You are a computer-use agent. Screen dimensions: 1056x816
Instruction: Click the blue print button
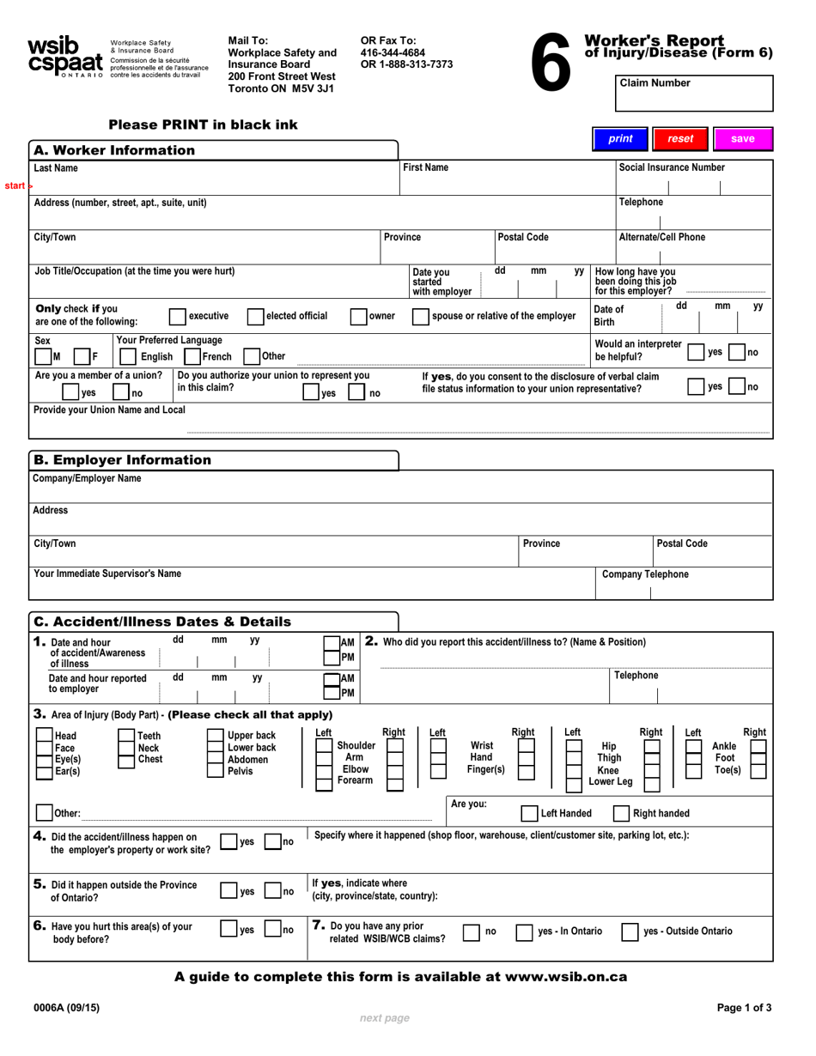[620, 138]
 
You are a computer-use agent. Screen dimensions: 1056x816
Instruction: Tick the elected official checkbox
[255, 316]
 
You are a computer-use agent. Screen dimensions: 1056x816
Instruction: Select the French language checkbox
[193, 356]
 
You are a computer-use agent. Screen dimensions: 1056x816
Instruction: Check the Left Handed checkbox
[530, 813]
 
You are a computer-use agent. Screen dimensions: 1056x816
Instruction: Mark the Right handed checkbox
[622, 813]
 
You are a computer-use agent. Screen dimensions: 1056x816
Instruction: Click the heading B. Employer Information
[121, 460]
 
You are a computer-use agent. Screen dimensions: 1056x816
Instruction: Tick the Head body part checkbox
[44, 736]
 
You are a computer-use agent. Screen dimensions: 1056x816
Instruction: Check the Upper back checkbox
[216, 736]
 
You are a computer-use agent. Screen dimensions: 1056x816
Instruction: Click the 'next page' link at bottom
[384, 1018]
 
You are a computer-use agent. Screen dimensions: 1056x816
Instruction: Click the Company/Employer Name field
[401, 492]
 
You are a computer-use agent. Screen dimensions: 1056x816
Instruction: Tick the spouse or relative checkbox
[421, 316]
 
